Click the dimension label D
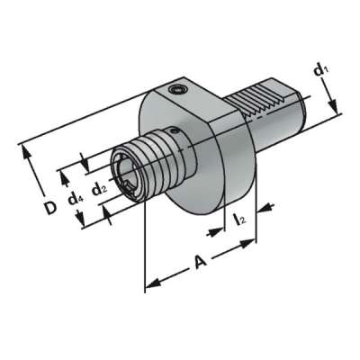(x=51, y=208)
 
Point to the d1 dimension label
(x=321, y=68)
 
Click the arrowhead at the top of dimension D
(x=29, y=150)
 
